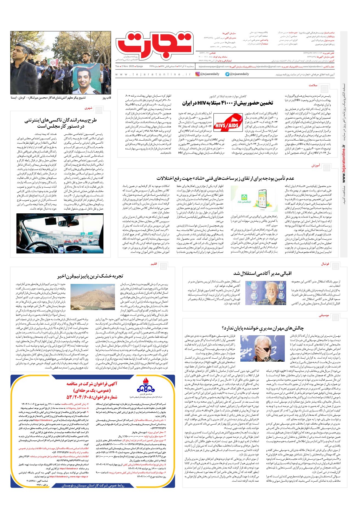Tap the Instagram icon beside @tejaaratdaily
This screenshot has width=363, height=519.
point(198,74)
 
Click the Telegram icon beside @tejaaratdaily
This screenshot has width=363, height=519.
point(227,74)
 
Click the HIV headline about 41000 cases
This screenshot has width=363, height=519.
point(227,103)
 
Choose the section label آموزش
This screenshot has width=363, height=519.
point(316,166)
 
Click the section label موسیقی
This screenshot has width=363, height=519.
point(324,316)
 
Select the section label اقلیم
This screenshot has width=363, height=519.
point(154,264)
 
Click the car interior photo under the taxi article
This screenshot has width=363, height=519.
point(60,233)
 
